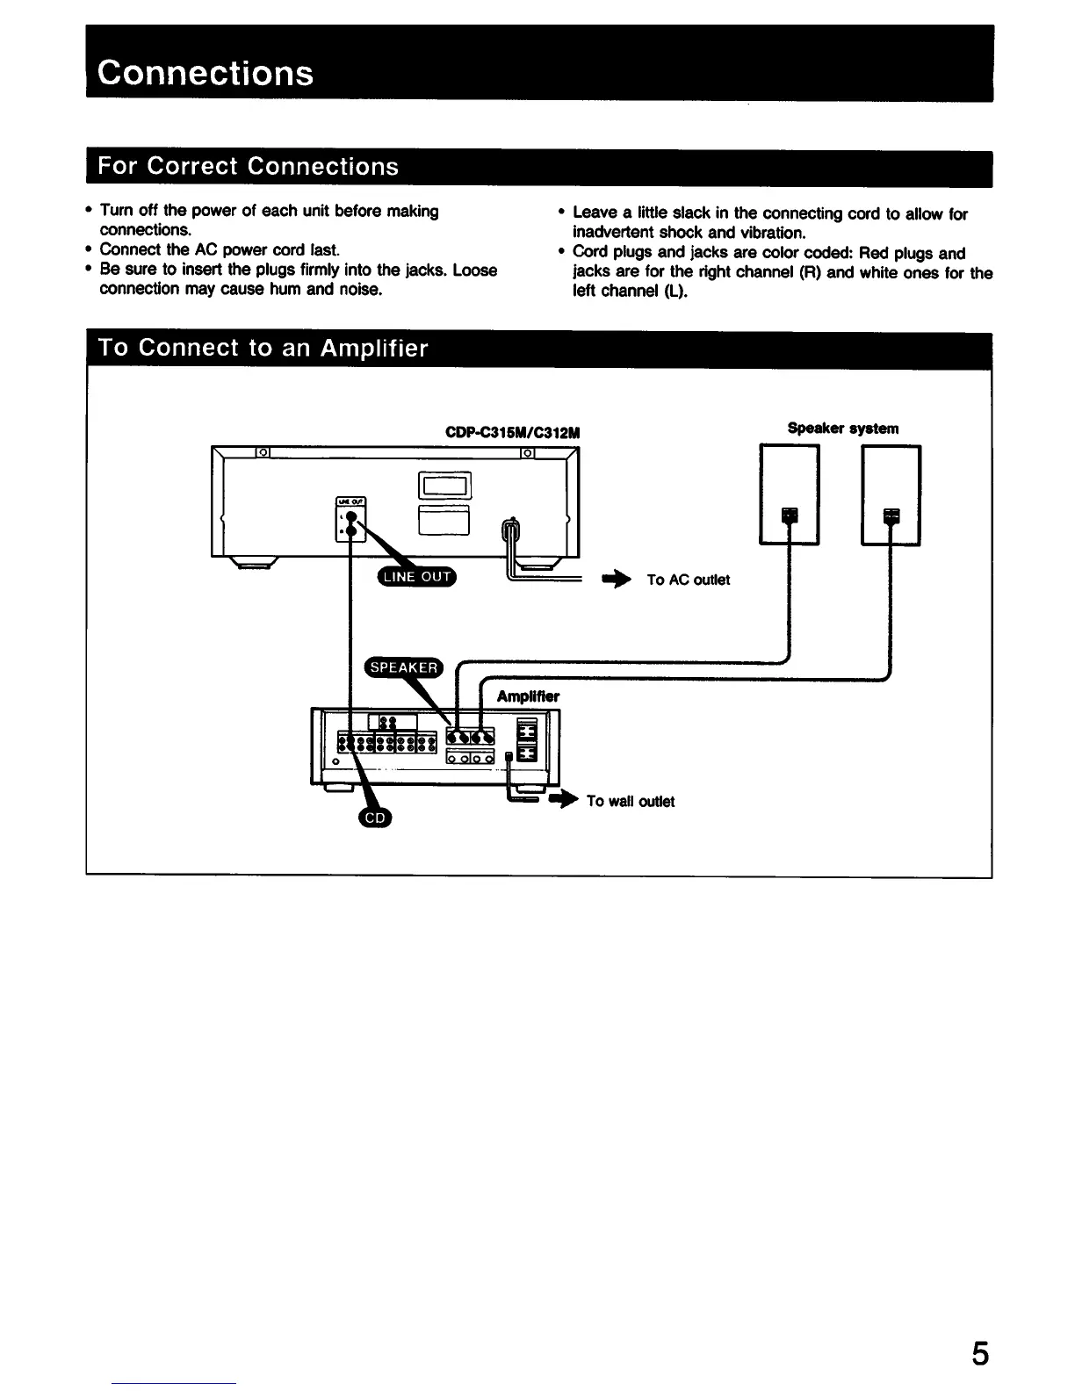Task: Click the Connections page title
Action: tap(206, 72)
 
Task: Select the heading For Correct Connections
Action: tap(249, 167)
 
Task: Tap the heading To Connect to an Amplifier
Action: tap(263, 349)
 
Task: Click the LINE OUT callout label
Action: tap(415, 576)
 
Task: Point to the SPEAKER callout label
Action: tap(404, 667)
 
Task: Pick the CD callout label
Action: tap(375, 818)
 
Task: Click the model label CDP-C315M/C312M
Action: tap(514, 433)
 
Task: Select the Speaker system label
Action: tap(842, 429)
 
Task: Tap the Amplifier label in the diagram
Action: tap(528, 697)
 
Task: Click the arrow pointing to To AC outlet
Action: tap(617, 580)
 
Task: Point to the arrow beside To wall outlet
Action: tap(565, 800)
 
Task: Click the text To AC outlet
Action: tap(688, 580)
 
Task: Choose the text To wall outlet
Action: tap(630, 801)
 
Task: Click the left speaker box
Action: tap(789, 494)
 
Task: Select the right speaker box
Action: tap(891, 494)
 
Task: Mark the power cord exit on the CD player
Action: tap(510, 530)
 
